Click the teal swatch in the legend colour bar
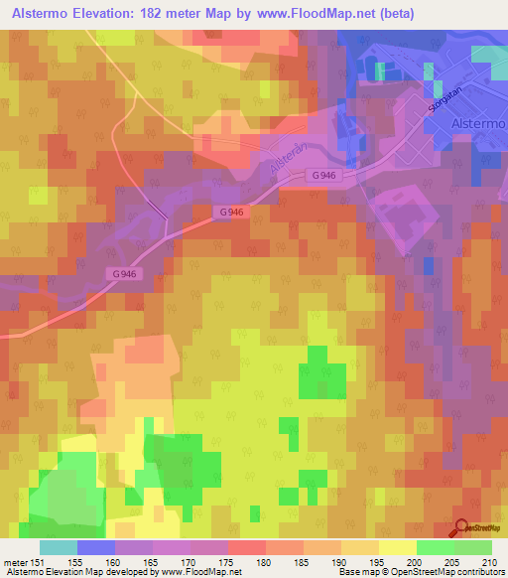coord(59,547)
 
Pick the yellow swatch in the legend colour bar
coord(398,547)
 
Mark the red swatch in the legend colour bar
coord(247,547)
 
